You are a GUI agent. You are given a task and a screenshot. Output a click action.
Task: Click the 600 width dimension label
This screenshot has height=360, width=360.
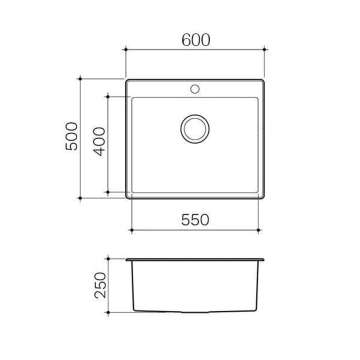point(195,39)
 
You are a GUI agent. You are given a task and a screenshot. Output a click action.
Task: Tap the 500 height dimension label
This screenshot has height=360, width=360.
point(72,138)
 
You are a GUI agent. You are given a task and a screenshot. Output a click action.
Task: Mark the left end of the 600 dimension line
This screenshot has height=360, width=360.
point(125,49)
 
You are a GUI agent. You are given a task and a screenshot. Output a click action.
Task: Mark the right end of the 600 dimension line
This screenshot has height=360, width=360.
point(264,49)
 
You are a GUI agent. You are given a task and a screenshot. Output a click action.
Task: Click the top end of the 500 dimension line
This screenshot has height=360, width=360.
point(81,78)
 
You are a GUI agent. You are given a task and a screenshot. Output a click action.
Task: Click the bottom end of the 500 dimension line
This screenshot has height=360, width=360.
point(81,198)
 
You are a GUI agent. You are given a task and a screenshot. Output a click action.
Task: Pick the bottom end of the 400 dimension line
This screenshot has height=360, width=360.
point(108,191)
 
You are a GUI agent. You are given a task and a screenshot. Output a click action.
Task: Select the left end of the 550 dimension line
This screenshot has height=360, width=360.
point(131,230)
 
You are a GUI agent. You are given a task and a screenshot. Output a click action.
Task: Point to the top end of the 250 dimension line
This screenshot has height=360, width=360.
point(108,259)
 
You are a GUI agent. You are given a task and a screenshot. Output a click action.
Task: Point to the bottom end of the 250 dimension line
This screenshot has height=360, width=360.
point(108,312)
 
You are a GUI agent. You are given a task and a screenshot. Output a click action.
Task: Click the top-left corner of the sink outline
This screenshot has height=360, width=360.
point(126,79)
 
